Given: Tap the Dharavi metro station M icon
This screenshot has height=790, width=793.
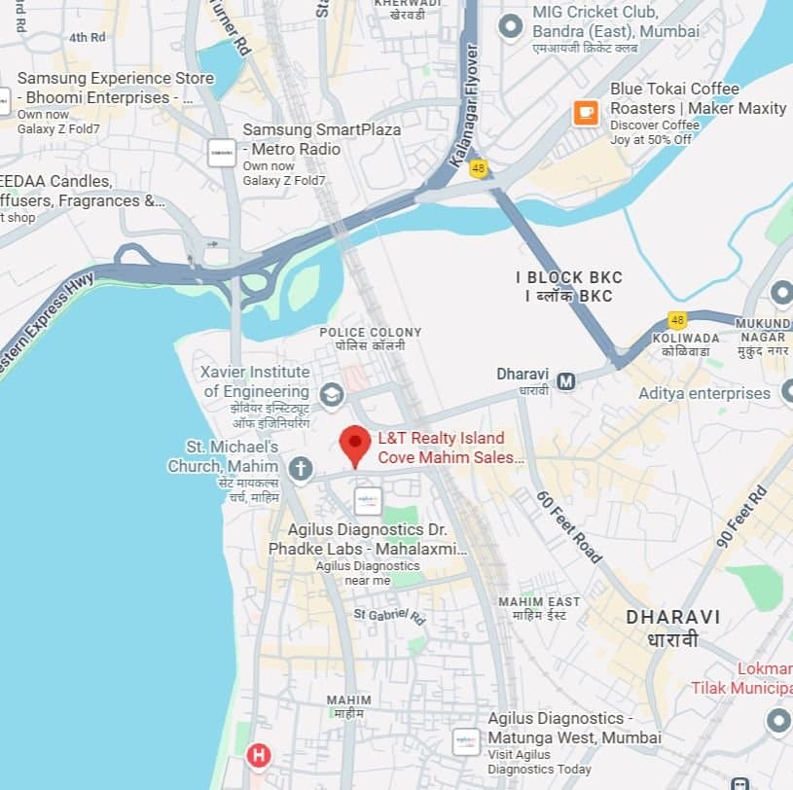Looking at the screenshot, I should pos(565,381).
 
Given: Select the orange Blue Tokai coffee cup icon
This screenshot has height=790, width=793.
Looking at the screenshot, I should pos(586,113).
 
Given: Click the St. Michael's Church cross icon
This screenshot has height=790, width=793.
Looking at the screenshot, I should pos(301,469).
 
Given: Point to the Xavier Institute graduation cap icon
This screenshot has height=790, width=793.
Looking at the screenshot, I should pos(332,394).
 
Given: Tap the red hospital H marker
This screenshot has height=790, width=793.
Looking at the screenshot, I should pos(258,755).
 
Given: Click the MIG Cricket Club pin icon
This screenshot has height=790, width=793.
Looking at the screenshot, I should pos(510,26).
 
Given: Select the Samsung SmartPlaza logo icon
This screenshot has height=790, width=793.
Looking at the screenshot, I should pos(222,153).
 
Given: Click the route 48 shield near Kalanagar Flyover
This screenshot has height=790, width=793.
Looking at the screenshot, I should pos(478,169).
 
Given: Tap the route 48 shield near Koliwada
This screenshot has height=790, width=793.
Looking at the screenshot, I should pos(677,320).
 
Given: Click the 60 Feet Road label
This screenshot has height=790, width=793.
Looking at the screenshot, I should pos(569,525).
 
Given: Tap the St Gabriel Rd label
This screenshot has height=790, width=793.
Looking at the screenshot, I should pos(389,615).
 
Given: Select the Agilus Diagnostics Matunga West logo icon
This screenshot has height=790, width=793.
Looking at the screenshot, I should pos(466,742).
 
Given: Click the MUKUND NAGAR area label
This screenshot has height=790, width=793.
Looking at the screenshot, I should pos(764,330).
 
